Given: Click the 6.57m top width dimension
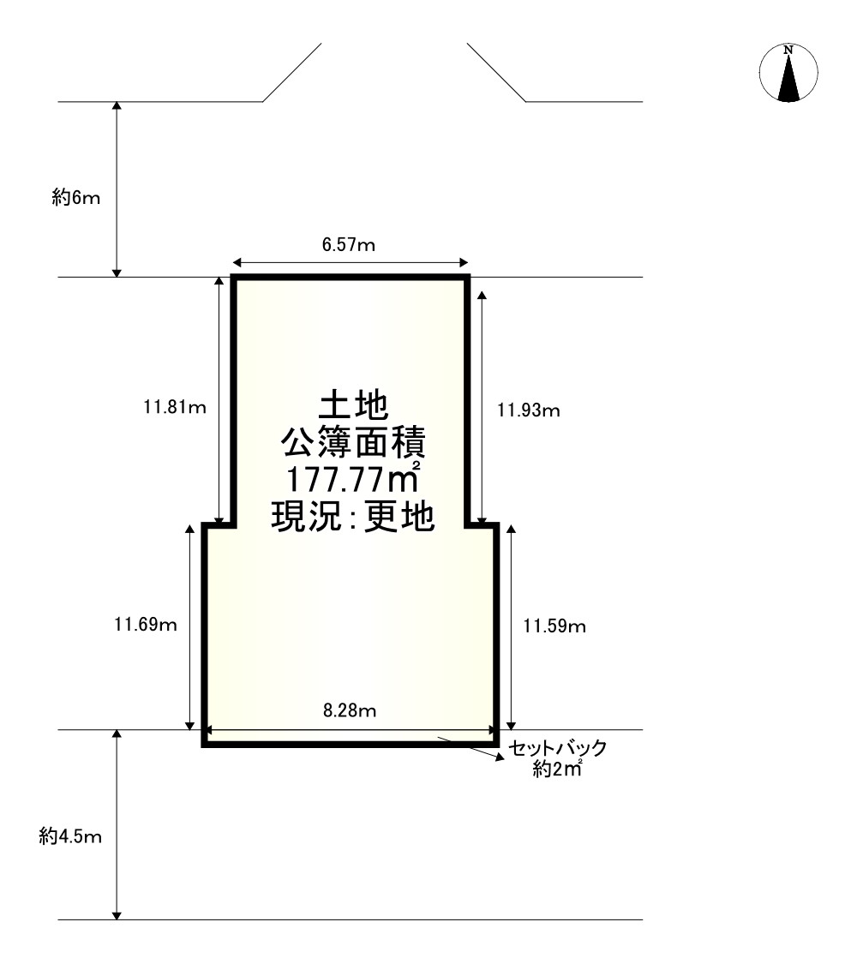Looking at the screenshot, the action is tap(349, 245).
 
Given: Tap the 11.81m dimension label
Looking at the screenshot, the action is tap(175, 407).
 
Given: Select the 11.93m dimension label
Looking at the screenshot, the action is tap(529, 410).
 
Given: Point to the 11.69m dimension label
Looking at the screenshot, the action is tap(146, 625).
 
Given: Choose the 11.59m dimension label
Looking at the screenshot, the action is tap(554, 626).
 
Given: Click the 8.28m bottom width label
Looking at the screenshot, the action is tap(350, 710).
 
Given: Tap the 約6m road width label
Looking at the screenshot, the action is tap(75, 197).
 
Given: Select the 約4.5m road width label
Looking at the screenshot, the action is tap(70, 836).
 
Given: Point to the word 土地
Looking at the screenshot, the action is tap(353, 406).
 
